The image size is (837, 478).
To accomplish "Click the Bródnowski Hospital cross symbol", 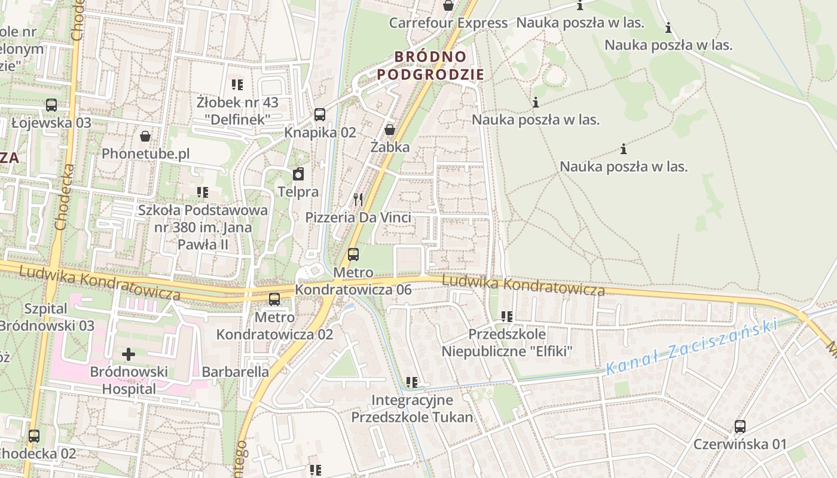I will tap(129, 354).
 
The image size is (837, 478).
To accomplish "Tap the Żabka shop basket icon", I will tap(390, 129).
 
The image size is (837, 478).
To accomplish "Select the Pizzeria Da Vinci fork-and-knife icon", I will tap(358, 199).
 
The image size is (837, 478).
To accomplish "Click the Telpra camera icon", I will tap(298, 174).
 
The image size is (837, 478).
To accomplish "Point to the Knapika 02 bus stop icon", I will tap(320, 115).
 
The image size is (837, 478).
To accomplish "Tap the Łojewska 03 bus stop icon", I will tap(51, 105).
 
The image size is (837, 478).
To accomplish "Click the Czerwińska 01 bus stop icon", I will tap(740, 427).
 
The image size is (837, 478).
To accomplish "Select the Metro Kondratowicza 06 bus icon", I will tap(353, 255).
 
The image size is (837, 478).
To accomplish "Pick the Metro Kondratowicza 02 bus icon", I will tap(274, 299).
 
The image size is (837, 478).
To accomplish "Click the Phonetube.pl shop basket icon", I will tap(145, 136).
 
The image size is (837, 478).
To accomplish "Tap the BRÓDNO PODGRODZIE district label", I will tap(430, 66).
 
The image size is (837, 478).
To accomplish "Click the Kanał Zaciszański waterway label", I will tap(691, 347).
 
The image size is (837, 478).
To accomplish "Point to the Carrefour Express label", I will tap(448, 23).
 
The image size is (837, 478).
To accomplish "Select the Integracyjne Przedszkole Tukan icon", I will tap(411, 382).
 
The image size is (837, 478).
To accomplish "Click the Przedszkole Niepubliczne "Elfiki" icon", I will tap(507, 316).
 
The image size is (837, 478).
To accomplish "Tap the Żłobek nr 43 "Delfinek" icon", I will tap(237, 85).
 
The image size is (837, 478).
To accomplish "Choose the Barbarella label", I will tap(236, 372).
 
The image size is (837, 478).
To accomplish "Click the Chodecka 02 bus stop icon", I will tap(34, 436).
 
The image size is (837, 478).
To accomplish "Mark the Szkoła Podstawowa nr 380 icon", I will tap(203, 192).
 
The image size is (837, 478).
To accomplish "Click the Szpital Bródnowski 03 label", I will tap(47, 317).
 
